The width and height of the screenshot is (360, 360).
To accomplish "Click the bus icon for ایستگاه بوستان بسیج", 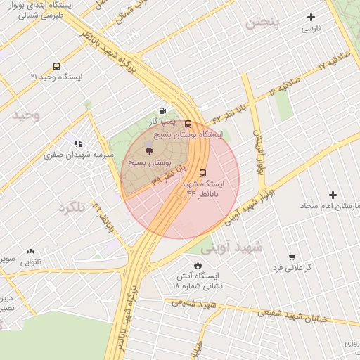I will (188, 124).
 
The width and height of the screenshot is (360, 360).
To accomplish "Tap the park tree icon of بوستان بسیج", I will (148, 150).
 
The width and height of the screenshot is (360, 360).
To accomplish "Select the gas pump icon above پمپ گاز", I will (163, 110).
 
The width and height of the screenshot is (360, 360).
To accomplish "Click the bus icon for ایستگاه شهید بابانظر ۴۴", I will (203, 172).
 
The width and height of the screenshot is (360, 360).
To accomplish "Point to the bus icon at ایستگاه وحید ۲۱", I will (56, 66).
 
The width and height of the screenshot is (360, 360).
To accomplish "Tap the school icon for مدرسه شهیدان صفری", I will (78, 143).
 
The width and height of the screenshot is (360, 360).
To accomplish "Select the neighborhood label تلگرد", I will (72, 207).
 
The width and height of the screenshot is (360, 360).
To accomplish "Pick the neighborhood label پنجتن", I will (262, 22).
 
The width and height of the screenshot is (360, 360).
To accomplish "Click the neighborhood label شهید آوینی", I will (231, 247).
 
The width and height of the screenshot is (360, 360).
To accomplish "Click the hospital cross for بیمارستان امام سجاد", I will (333, 194).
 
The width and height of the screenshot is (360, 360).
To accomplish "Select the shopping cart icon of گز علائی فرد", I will (291, 257).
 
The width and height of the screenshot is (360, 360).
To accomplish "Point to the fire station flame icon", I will (197, 264).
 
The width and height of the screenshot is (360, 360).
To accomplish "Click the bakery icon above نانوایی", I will (30, 250).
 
